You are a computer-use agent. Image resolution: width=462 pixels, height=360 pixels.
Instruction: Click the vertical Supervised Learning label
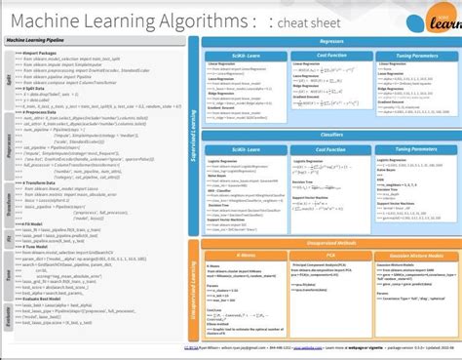(196, 127)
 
